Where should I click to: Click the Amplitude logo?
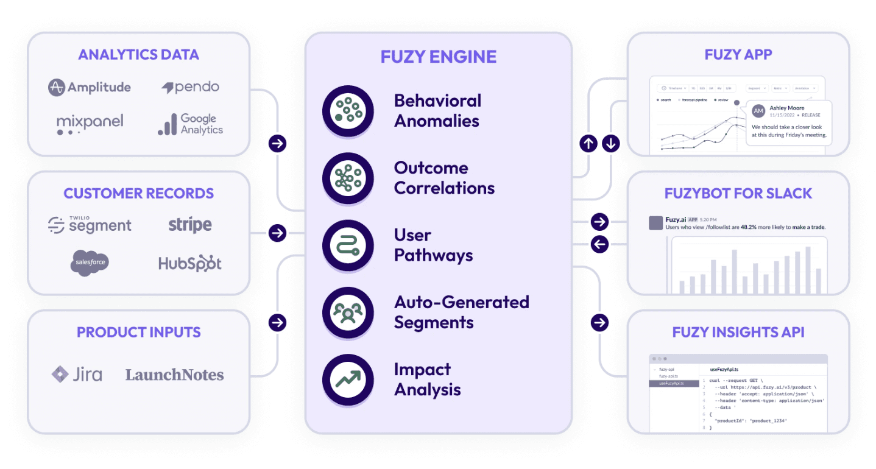point(89,88)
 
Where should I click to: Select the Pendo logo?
point(190,87)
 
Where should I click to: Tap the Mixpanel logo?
point(90,124)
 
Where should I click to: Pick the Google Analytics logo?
point(190,124)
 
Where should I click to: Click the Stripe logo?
point(190,225)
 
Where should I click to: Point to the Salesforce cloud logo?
point(90,263)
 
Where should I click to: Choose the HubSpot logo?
point(190,263)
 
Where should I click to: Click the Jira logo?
point(77,374)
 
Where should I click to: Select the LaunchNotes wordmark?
point(175,375)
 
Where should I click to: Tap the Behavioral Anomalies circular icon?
point(347,110)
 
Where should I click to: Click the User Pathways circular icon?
point(347,245)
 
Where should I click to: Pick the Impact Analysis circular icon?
point(347,379)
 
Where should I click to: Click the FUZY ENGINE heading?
point(438,57)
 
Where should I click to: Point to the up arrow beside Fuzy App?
point(588,144)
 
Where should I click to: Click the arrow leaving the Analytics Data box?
point(277,144)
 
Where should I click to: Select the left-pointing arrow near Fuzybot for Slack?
point(599,244)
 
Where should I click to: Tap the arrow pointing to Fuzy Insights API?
point(599,322)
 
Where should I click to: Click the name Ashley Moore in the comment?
point(786,108)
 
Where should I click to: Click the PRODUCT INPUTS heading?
point(138,332)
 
